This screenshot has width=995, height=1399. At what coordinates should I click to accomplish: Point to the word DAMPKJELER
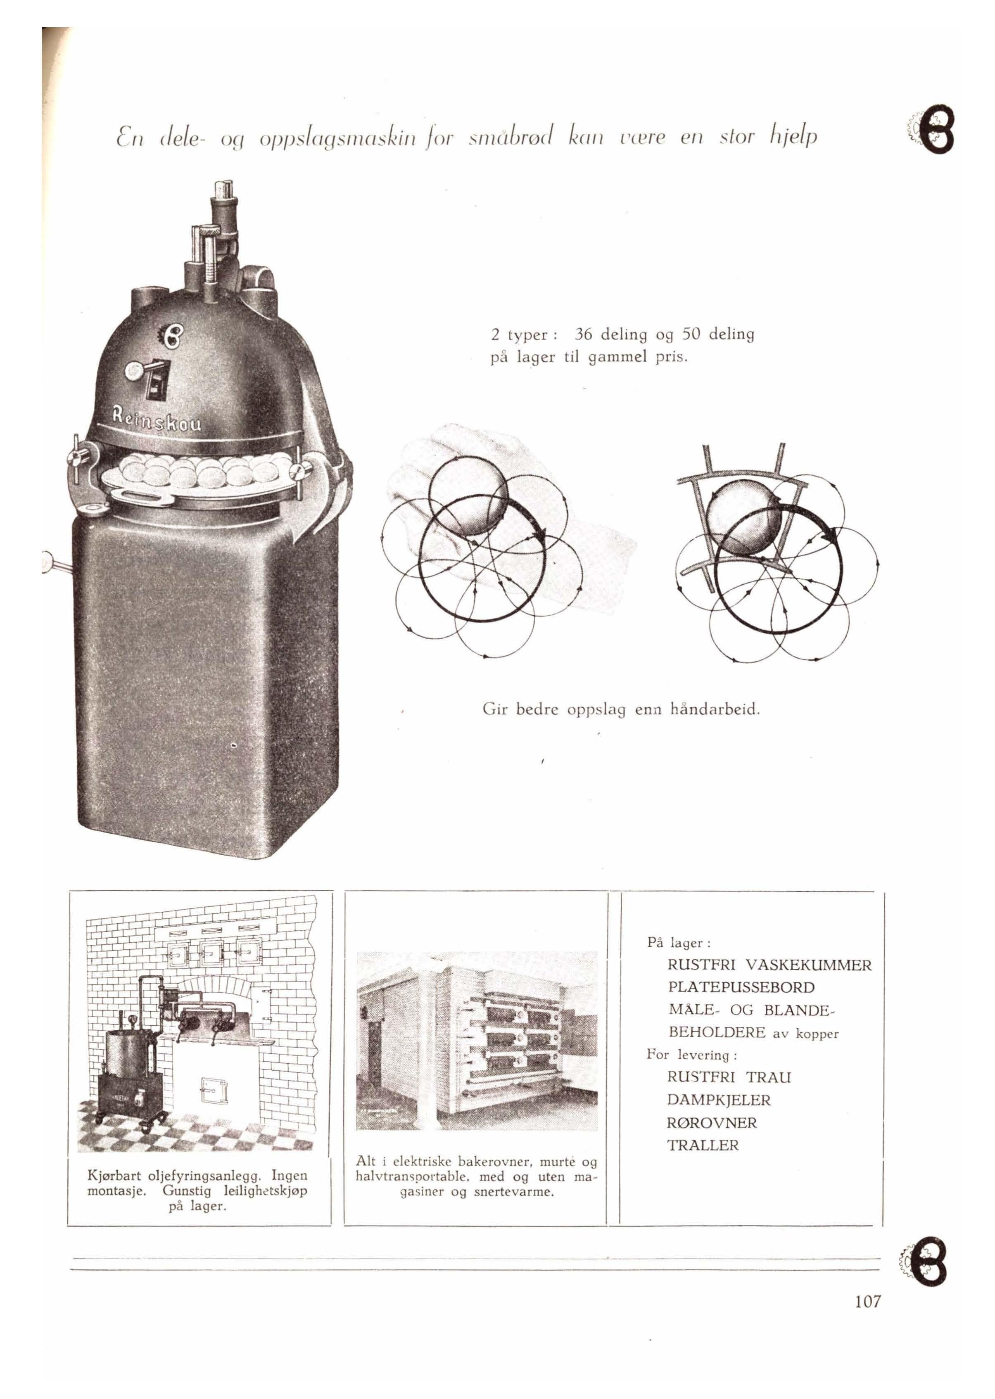(719, 1100)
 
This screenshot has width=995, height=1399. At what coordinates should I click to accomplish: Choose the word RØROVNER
(712, 1122)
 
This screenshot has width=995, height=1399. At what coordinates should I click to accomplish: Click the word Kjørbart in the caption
(114, 1176)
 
